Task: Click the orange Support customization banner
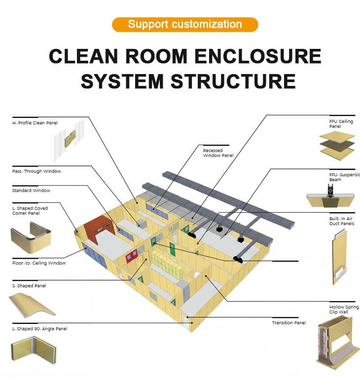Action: click(x=185, y=24)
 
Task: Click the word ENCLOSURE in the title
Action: click(x=255, y=57)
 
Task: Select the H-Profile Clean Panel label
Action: click(x=35, y=122)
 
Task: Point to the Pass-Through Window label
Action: click(x=36, y=171)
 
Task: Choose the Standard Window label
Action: click(x=31, y=191)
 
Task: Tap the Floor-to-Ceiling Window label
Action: click(x=39, y=263)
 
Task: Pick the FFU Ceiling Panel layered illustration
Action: click(x=337, y=143)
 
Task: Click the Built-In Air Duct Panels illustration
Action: click(x=338, y=257)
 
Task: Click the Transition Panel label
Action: click(x=288, y=323)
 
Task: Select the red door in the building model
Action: click(x=132, y=256)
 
